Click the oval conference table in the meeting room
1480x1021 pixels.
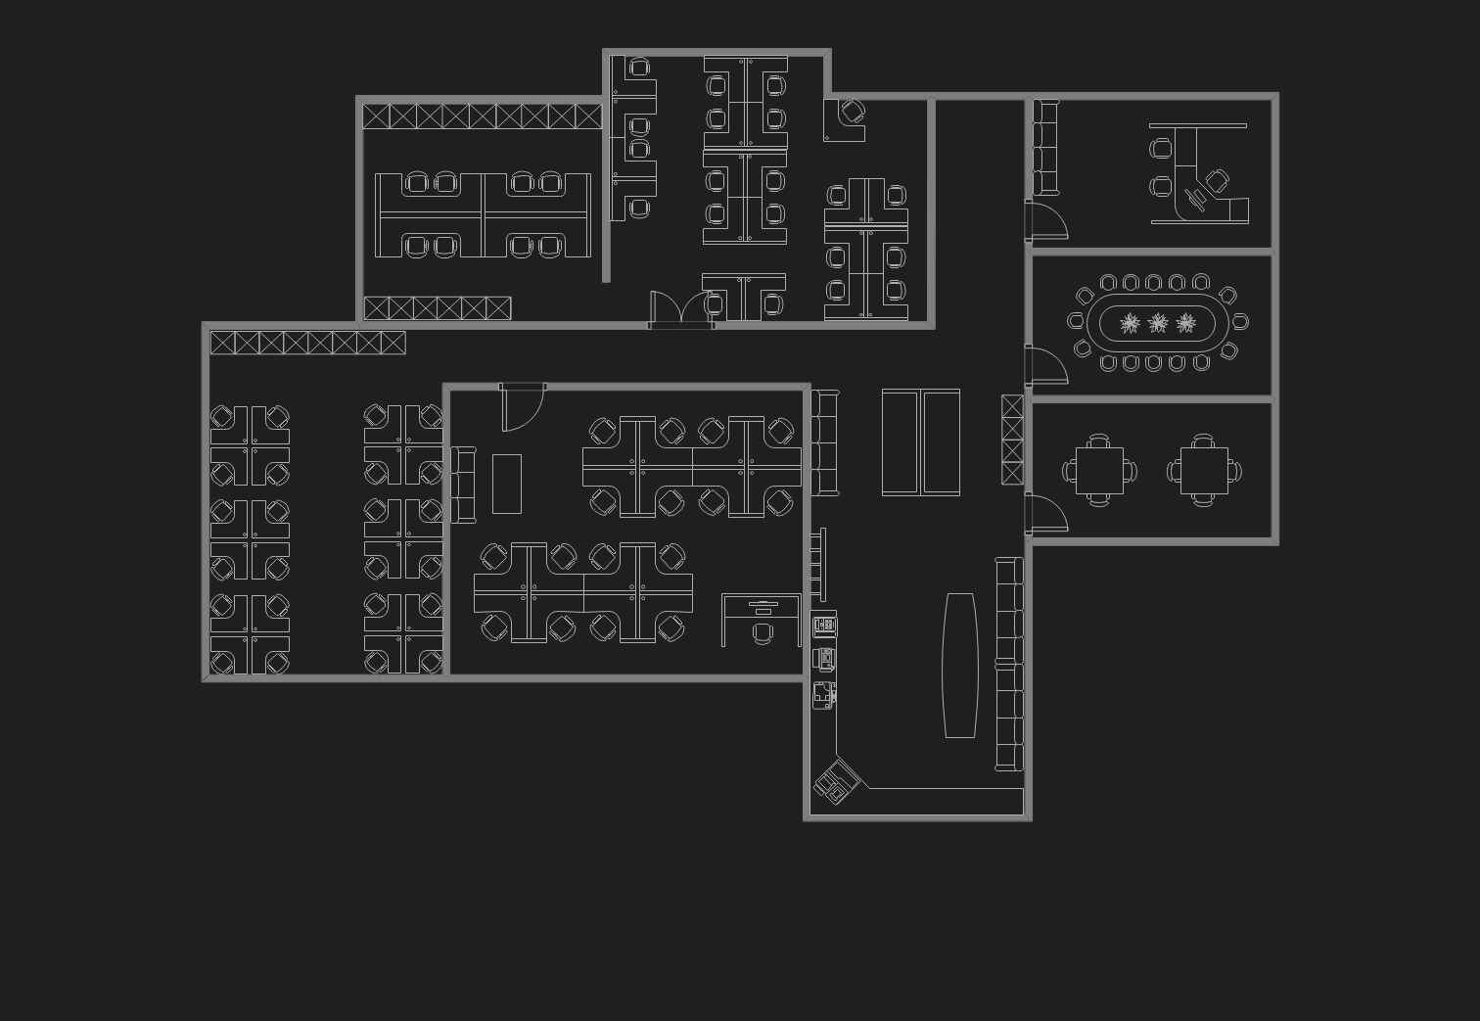click(x=1157, y=323)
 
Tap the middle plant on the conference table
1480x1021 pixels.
click(x=1158, y=323)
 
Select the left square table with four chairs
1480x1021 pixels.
click(x=1099, y=471)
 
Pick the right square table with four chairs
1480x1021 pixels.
click(x=1203, y=471)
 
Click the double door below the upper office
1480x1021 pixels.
click(x=681, y=308)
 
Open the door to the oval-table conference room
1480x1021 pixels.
click(x=1045, y=364)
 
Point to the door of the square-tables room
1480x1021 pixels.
click(x=1045, y=513)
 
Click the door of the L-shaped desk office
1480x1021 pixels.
click(x=1045, y=220)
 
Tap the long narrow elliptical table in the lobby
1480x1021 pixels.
click(x=959, y=665)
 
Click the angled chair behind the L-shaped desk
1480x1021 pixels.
click(x=1217, y=181)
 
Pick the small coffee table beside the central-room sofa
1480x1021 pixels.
click(x=506, y=484)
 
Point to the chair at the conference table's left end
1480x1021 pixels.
click(x=1076, y=321)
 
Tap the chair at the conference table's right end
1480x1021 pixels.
click(x=1240, y=321)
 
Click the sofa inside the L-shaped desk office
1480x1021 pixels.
click(x=1046, y=147)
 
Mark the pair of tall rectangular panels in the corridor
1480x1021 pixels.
click(x=920, y=442)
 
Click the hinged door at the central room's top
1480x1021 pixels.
click(x=522, y=406)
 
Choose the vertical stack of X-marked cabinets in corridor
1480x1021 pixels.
click(x=1012, y=440)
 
